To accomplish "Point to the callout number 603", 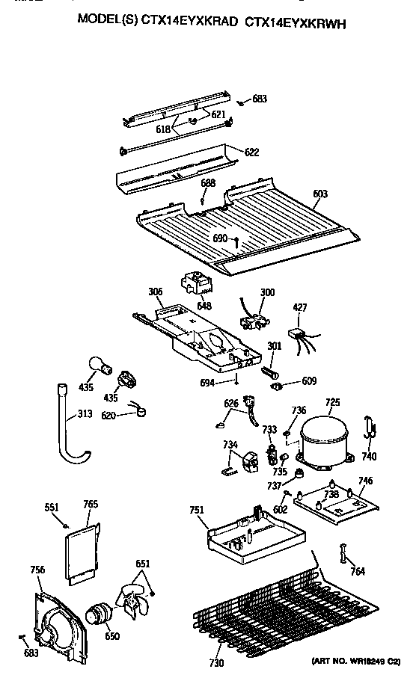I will click(x=319, y=194).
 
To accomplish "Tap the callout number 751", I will click(x=196, y=511).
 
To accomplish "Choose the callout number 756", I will click(x=37, y=570).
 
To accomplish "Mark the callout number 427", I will click(x=299, y=306).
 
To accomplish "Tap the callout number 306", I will click(x=155, y=292).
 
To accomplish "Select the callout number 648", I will click(x=204, y=306).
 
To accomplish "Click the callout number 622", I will click(x=252, y=152).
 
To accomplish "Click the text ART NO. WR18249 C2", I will click(x=358, y=662).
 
